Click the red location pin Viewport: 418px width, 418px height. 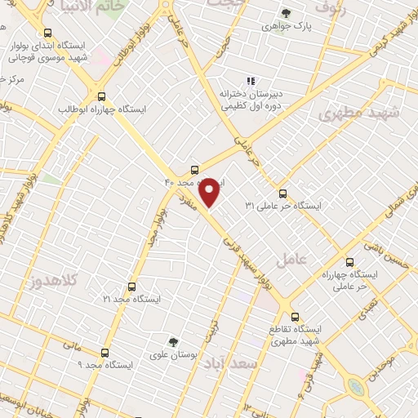pos(211,192)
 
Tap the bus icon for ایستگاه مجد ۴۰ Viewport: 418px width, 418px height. pos(194,170)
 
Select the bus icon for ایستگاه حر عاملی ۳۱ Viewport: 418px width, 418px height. pos(282,193)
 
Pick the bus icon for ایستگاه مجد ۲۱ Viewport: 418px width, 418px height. pos(131,287)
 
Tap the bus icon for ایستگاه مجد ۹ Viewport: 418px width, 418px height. pos(104,353)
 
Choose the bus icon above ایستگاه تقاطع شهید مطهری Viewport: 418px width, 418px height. pos(295,316)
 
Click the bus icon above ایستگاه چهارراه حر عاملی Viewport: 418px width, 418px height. pos(349,263)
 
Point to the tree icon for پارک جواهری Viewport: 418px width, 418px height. pos(285,13)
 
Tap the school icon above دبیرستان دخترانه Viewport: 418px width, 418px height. pos(251,81)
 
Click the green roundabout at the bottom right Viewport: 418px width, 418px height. pos(357,386)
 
